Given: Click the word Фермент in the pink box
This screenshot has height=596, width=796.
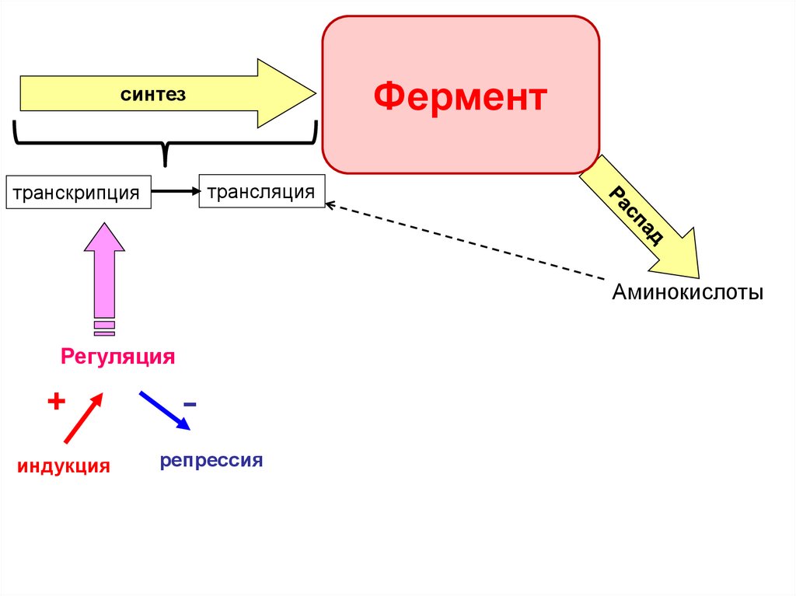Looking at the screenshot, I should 460,98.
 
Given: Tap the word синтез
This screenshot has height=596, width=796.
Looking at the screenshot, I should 152,94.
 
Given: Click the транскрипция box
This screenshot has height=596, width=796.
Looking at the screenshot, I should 78,192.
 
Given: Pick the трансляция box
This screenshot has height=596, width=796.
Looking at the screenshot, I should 261,191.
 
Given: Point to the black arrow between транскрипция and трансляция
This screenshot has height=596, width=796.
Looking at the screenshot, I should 176,190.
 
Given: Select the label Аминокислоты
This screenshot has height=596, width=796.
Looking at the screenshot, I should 687,293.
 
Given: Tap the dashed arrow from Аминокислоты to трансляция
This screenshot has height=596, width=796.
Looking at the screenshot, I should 466,242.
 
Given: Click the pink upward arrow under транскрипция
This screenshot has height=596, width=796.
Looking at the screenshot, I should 103,271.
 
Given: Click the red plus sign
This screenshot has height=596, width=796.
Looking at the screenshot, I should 55,401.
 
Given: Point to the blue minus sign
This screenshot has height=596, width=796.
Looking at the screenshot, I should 190,405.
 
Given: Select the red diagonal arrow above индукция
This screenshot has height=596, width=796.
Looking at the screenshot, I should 83,418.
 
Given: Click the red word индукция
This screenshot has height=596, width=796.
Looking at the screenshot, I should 64,466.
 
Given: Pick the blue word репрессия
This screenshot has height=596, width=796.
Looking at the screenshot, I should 211,460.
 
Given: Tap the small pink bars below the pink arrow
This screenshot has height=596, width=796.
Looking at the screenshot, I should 103,328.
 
